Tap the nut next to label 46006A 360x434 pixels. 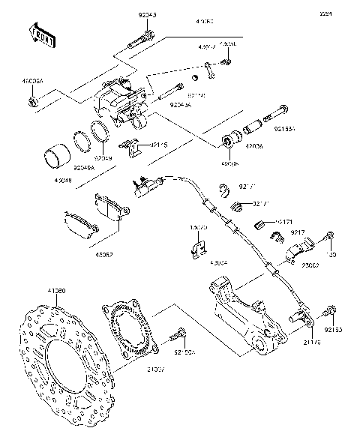tap(34, 99)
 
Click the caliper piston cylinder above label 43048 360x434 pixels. tap(54, 158)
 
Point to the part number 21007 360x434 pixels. tap(157, 370)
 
